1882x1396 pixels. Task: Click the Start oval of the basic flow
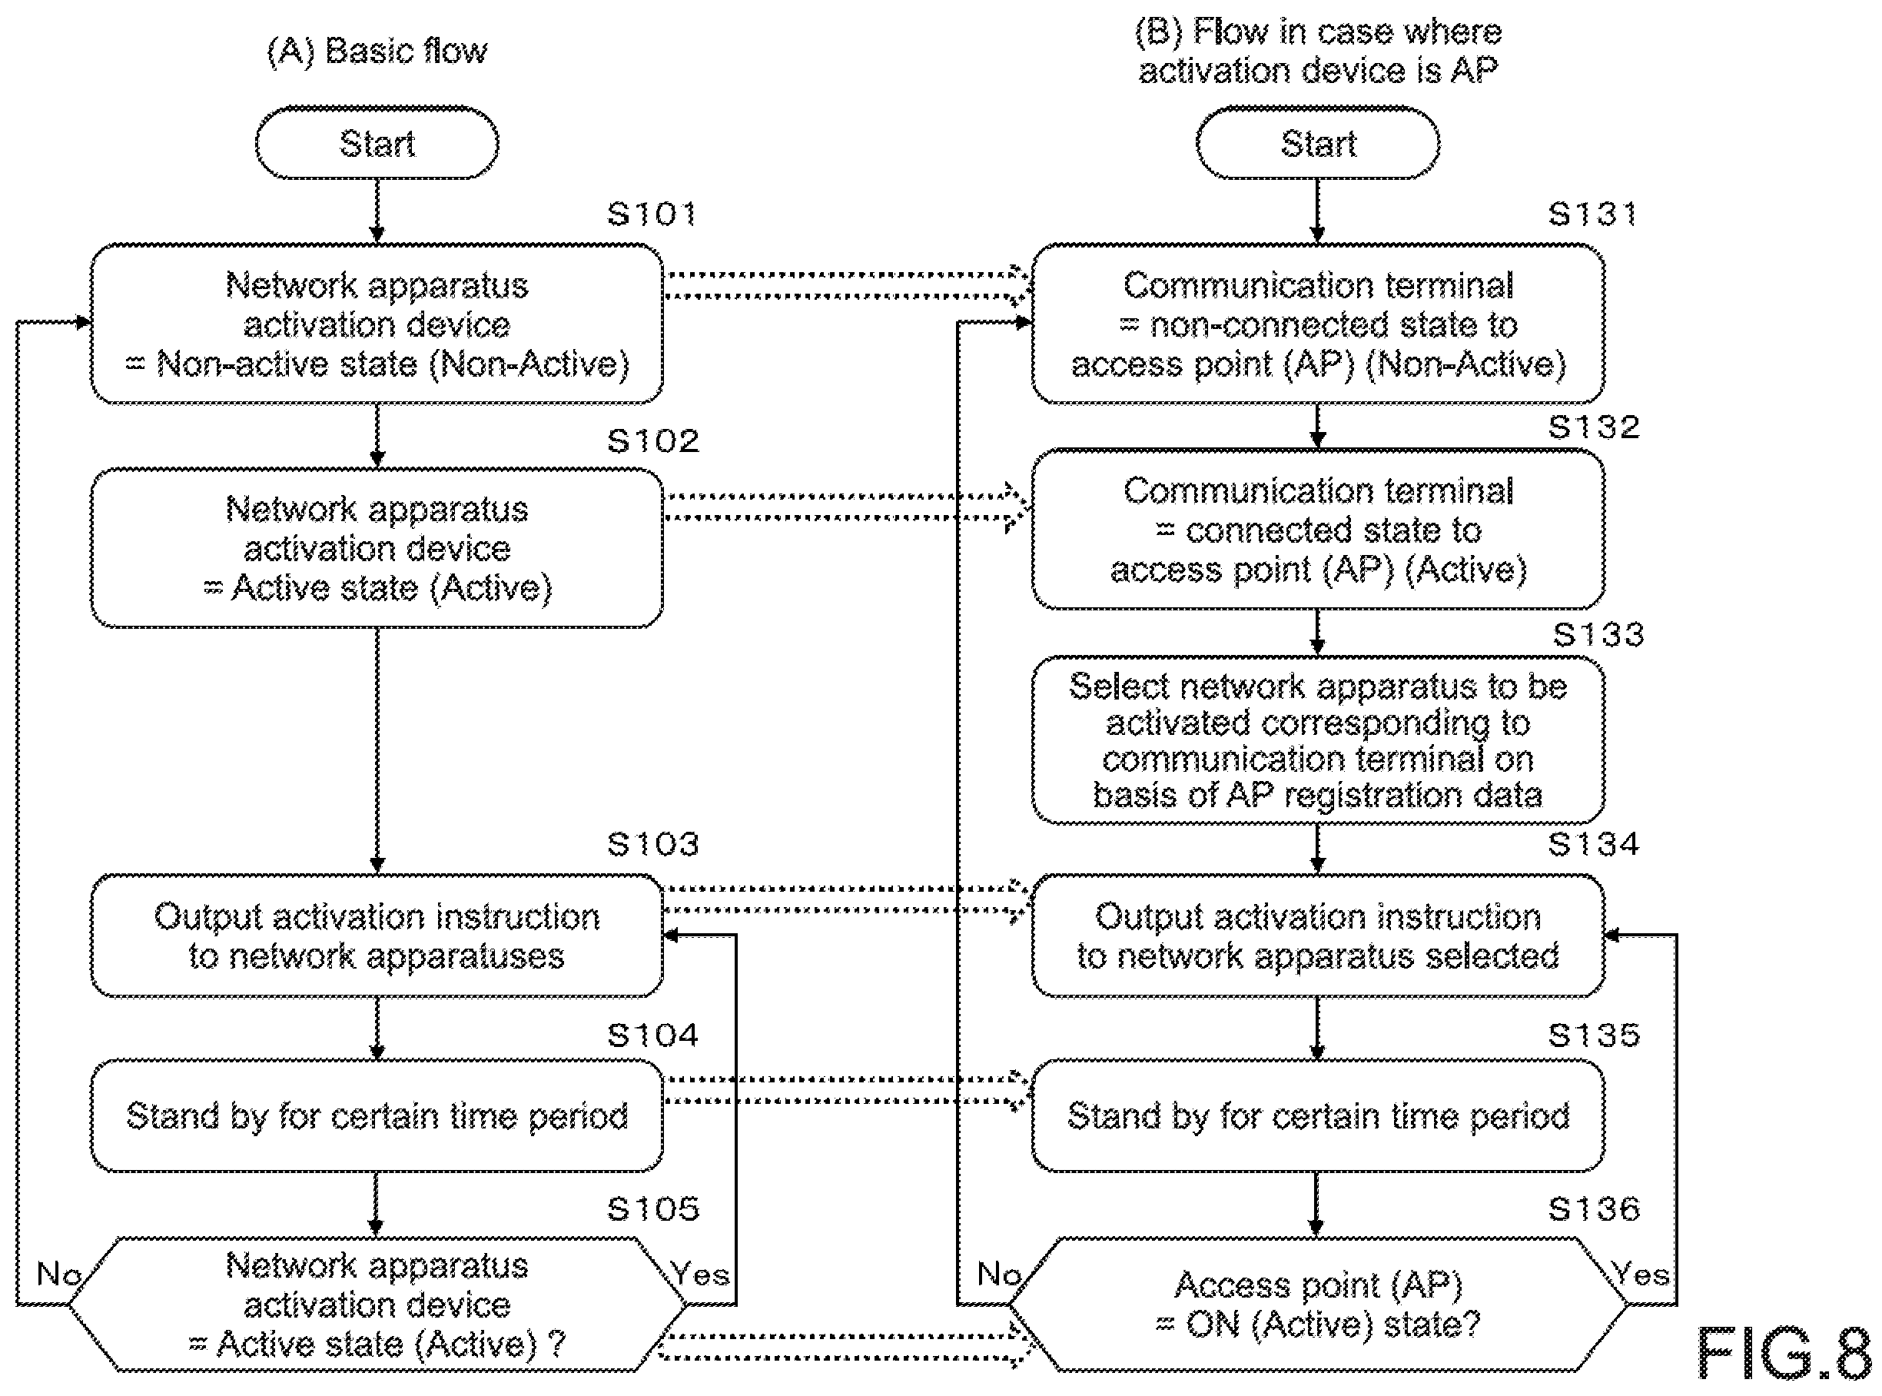(x=377, y=143)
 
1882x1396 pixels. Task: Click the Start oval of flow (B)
(x=1318, y=143)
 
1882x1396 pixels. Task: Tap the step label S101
(x=652, y=214)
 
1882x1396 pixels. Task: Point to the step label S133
(x=1598, y=635)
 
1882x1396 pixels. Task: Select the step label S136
(x=1594, y=1209)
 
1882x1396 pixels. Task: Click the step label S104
(x=653, y=1035)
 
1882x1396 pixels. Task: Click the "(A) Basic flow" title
(x=377, y=52)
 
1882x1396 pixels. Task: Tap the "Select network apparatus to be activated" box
(x=1318, y=740)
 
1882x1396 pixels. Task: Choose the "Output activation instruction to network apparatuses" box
(x=377, y=936)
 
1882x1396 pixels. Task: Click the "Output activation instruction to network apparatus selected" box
(x=1318, y=936)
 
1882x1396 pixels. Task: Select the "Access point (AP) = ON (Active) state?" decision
(x=1318, y=1305)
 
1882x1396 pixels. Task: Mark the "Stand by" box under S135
(x=1318, y=1116)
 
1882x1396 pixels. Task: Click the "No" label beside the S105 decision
(x=58, y=1273)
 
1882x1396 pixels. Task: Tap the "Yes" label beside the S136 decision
(x=1640, y=1273)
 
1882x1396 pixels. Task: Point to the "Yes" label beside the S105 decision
(x=700, y=1273)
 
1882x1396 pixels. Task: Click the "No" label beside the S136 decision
(x=999, y=1273)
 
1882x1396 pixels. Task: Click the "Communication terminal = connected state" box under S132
(x=1318, y=530)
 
